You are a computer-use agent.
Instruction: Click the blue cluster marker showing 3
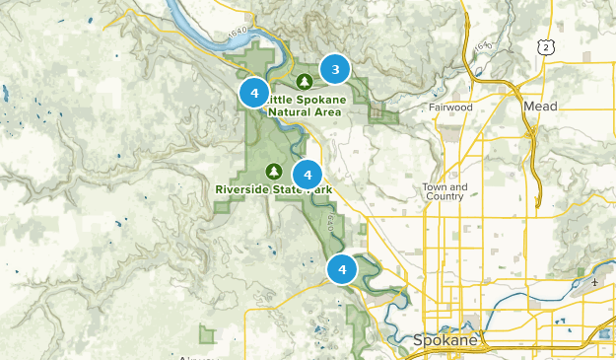pos(335,69)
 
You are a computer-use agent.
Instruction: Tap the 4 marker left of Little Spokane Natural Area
pos(254,94)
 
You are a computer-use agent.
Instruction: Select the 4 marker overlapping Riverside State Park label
pos(308,175)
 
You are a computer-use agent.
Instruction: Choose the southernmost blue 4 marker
pos(342,268)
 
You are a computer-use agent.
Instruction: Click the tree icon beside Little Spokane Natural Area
pos(305,80)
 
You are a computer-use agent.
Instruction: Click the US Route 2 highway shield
pos(545,46)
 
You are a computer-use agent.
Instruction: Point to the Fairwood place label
pos(450,107)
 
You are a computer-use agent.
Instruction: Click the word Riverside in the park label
pos(242,188)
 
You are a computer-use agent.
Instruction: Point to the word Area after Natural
pos(328,112)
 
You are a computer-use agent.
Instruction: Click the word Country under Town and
pos(444,196)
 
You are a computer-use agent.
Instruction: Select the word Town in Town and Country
pos(435,186)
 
